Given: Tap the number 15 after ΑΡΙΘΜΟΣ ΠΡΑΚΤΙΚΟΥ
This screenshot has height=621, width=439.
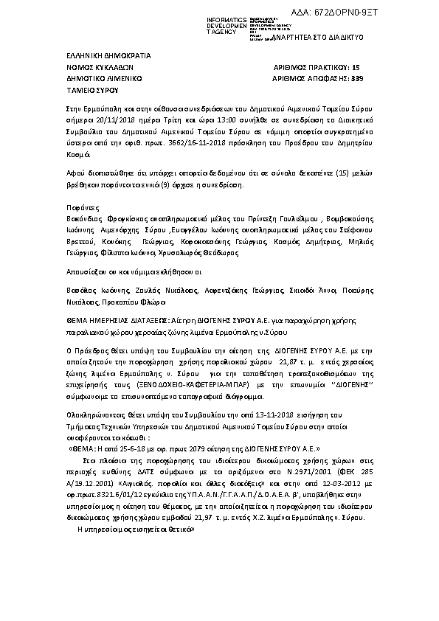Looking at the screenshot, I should (357, 66).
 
